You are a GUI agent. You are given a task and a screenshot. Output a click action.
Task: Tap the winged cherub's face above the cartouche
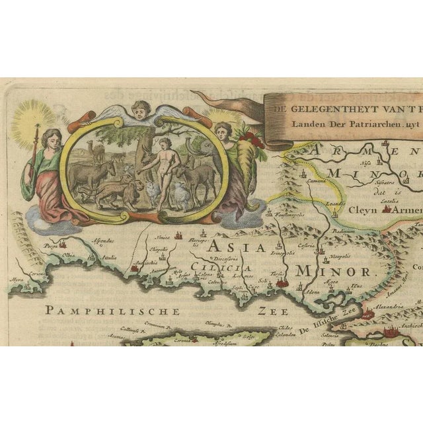tap(141, 111)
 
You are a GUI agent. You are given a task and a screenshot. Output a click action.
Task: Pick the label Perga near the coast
tap(51, 246)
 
